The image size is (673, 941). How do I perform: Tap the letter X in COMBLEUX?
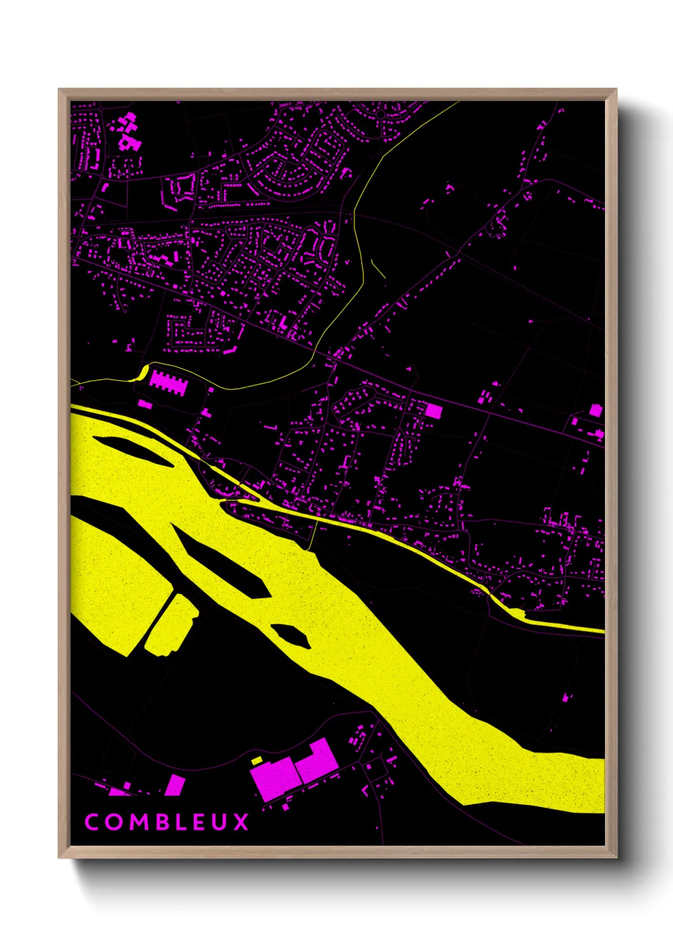click(241, 822)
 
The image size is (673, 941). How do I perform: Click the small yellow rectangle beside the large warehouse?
click(257, 760)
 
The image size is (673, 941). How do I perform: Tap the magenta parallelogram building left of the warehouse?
click(175, 785)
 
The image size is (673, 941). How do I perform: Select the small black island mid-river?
click(291, 635)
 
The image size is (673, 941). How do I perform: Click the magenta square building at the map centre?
click(433, 410)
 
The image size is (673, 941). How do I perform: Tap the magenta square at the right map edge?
click(595, 410)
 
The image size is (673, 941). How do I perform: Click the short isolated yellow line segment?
click(377, 269)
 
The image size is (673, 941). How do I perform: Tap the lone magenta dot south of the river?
click(565, 698)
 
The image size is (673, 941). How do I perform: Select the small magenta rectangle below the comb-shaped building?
click(145, 404)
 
